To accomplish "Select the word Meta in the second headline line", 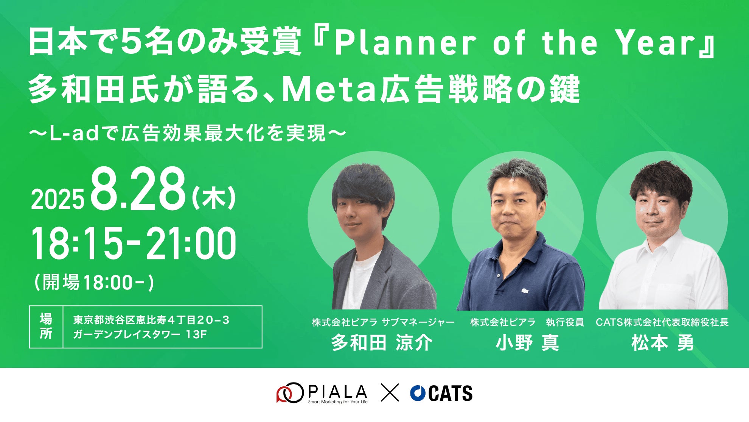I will (329, 90).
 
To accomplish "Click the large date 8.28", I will (138, 189).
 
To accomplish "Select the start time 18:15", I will (78, 244).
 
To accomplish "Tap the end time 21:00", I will (191, 244).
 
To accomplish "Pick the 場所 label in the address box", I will (46, 327).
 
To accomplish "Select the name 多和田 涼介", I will (382, 343).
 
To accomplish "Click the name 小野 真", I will (527, 343).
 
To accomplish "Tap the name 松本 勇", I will (662, 343).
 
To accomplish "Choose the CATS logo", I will (441, 393).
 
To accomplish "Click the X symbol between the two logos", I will (390, 393).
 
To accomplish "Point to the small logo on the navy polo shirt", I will (525, 291).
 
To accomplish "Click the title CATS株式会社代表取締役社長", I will (662, 322).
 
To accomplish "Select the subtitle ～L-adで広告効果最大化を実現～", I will (187, 133).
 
